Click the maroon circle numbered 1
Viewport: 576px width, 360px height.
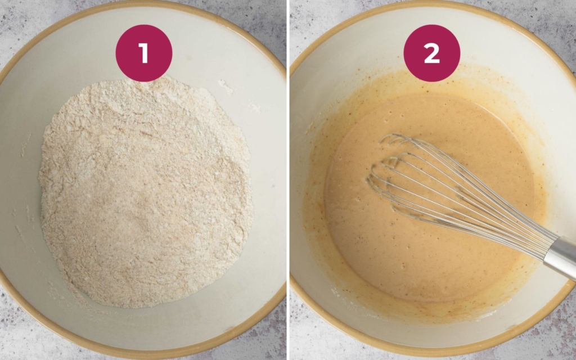(x=143, y=53)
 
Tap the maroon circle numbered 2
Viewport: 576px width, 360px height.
(x=431, y=53)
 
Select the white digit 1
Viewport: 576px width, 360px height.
(x=144, y=53)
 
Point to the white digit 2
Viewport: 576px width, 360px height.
(x=431, y=53)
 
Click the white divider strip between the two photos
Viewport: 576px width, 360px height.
(x=287, y=180)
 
